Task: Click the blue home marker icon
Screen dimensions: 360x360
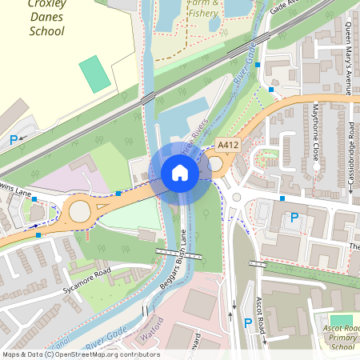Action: point(179,173)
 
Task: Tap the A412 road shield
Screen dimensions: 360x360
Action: point(229,146)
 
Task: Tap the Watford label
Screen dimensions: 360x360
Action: point(154,329)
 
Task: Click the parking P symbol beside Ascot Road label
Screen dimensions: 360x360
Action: point(247,324)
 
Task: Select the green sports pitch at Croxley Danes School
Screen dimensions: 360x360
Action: point(95,74)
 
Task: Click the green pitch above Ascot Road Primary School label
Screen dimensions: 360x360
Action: point(342,320)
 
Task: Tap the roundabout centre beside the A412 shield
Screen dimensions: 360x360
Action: point(215,164)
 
